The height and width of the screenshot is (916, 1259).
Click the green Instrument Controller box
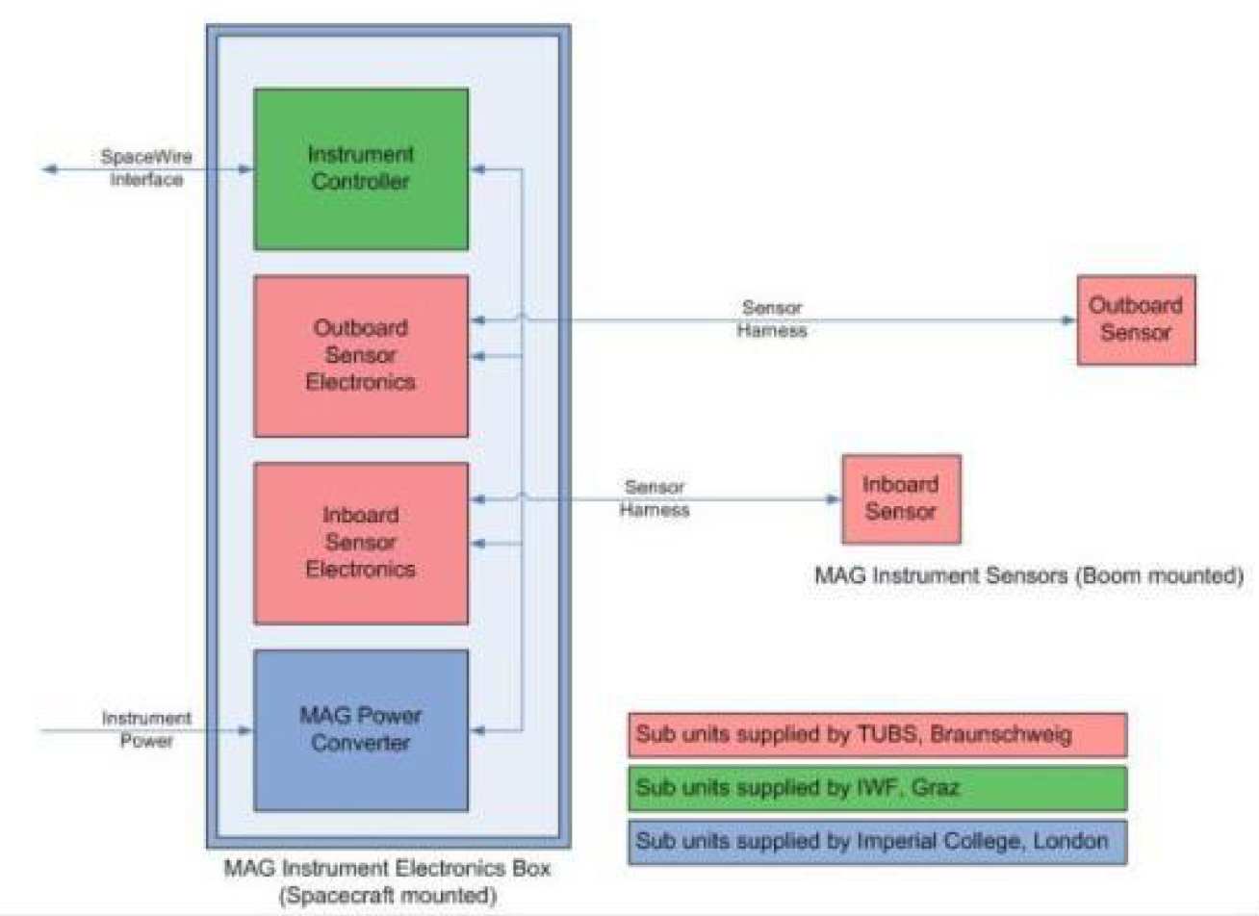[x=361, y=169]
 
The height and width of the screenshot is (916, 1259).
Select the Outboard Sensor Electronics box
[x=361, y=356]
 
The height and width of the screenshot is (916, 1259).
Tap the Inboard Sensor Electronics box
[x=361, y=543]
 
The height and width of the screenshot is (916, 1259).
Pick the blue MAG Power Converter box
[x=361, y=729]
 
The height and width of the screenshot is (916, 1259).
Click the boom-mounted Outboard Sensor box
[x=1136, y=319]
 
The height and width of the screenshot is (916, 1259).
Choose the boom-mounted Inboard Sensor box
[x=901, y=498]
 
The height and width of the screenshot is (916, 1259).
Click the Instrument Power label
[x=146, y=729]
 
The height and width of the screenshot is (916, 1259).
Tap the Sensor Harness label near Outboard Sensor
[x=772, y=319]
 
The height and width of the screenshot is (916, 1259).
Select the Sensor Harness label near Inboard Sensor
[x=655, y=498]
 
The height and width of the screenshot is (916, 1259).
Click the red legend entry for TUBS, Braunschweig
[x=877, y=735]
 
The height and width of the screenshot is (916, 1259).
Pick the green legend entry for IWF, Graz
[x=877, y=788]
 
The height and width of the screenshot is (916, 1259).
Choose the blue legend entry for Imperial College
[x=877, y=841]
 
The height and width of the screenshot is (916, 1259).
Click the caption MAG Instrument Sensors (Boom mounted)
[x=1028, y=576]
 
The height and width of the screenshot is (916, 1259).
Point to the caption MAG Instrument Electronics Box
[x=387, y=868]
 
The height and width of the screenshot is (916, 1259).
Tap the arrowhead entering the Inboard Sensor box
[x=834, y=499]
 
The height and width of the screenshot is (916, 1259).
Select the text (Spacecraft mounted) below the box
[x=387, y=896]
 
